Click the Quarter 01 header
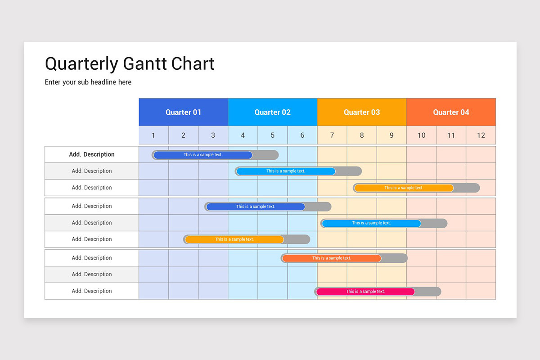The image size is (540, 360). point(183,112)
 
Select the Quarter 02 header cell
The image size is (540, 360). point(272,112)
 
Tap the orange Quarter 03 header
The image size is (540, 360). point(362,112)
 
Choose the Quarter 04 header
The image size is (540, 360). point(451,112)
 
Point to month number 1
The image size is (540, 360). point(153,135)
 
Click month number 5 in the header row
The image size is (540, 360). point(273,135)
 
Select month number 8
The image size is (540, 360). point(362,135)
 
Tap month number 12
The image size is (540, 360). point(481,135)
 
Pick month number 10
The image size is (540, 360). point(421,135)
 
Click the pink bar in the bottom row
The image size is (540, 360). point(365,292)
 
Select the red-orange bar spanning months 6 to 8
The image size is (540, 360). point(332,258)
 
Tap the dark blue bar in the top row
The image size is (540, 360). point(203,155)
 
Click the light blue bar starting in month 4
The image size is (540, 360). point(286,171)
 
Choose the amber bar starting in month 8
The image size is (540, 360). point(404,188)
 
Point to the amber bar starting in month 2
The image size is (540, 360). point(234,239)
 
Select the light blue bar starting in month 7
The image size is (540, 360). point(371,223)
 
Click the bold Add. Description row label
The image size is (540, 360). point(92,154)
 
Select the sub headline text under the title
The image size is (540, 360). point(88,82)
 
